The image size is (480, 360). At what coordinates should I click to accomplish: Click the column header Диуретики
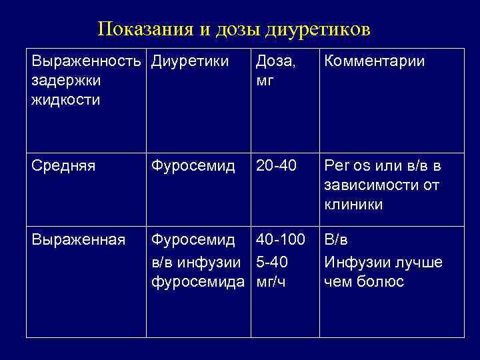(190, 62)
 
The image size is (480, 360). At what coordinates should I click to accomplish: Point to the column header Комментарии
(374, 62)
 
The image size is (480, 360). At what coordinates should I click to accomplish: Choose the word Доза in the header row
(274, 62)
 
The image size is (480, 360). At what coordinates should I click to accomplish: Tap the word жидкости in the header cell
(65, 100)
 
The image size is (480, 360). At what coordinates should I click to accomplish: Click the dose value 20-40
(275, 165)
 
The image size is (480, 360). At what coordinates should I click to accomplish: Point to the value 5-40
(271, 261)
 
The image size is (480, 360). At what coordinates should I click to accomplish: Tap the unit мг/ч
(271, 281)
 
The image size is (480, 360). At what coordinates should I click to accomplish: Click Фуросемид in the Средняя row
(193, 165)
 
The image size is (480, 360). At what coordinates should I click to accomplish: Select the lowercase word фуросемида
(198, 281)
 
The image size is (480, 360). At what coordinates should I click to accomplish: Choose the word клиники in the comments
(353, 204)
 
